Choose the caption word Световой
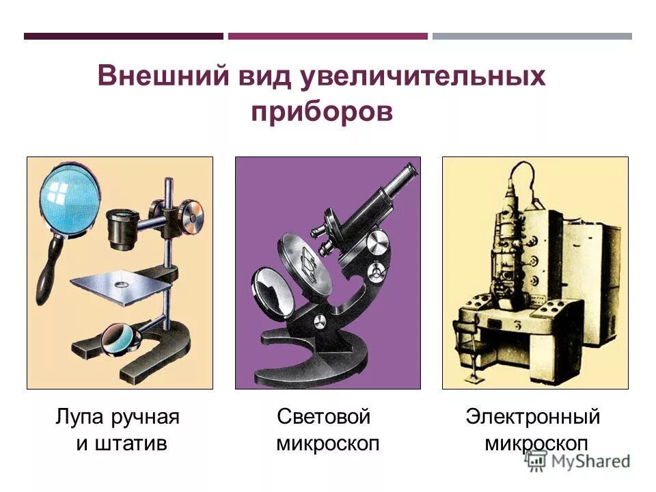324,416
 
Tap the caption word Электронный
533,416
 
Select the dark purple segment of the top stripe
123,36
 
